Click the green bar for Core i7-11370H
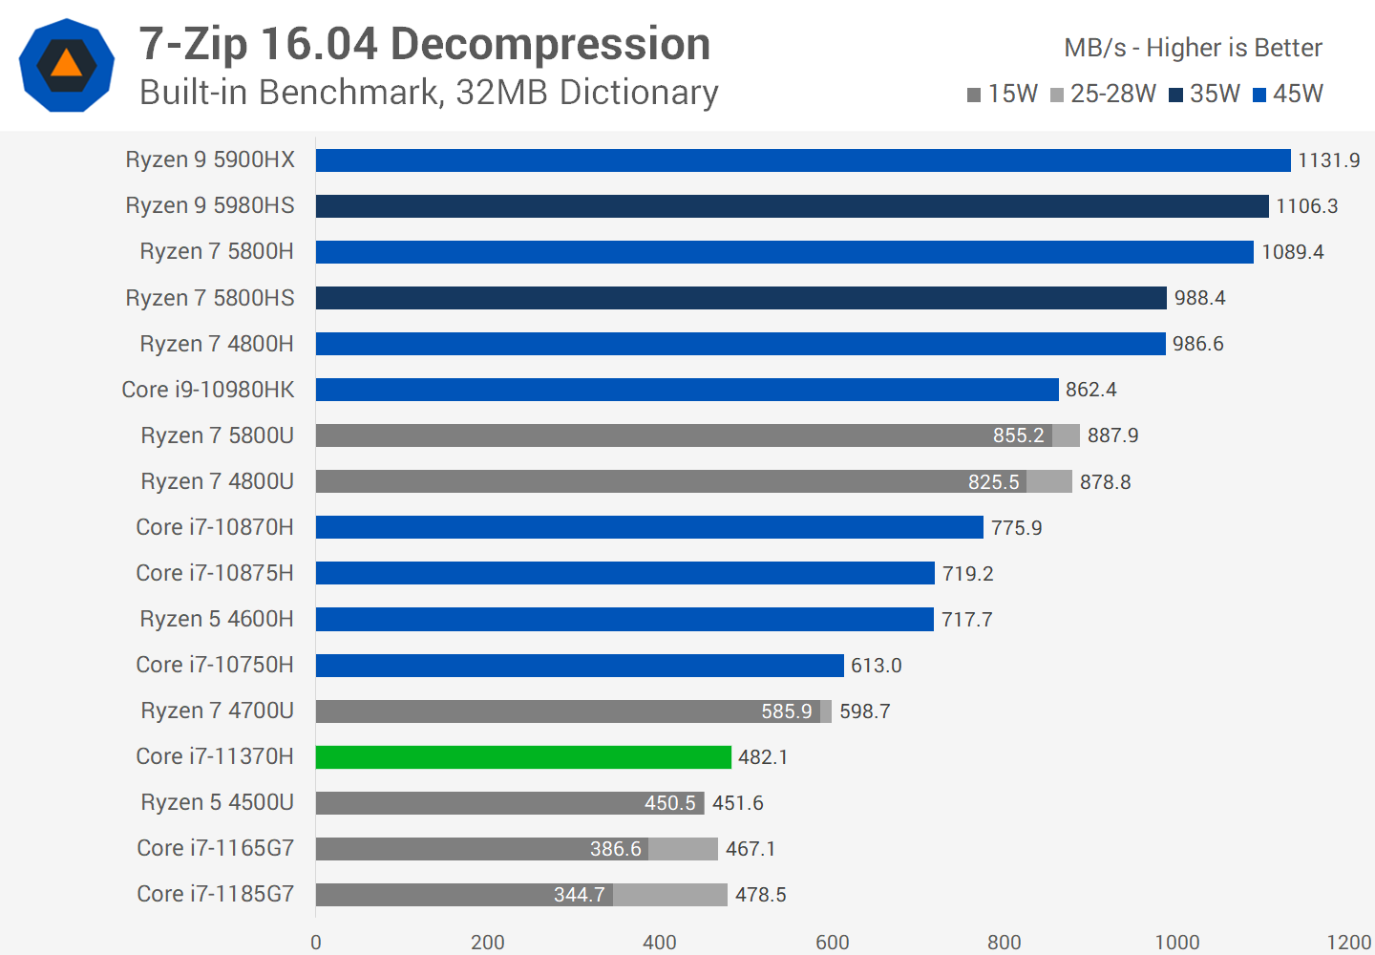[x=523, y=757]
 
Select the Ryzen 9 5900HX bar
[x=802, y=160]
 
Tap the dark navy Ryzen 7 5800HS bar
[x=741, y=298]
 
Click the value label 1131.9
[x=1328, y=160]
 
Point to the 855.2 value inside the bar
[x=1018, y=435]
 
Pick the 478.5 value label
[x=760, y=895]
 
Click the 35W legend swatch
[x=1176, y=95]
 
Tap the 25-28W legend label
[x=1112, y=94]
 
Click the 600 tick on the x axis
[x=833, y=942]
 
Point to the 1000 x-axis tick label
[x=1176, y=942]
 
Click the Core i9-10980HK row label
[x=208, y=390]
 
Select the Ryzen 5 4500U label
[x=217, y=802]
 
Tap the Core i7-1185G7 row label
[x=215, y=894]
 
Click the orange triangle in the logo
[x=66, y=64]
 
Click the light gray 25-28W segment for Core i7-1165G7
[x=683, y=849]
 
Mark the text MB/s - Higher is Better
[x=1193, y=48]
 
